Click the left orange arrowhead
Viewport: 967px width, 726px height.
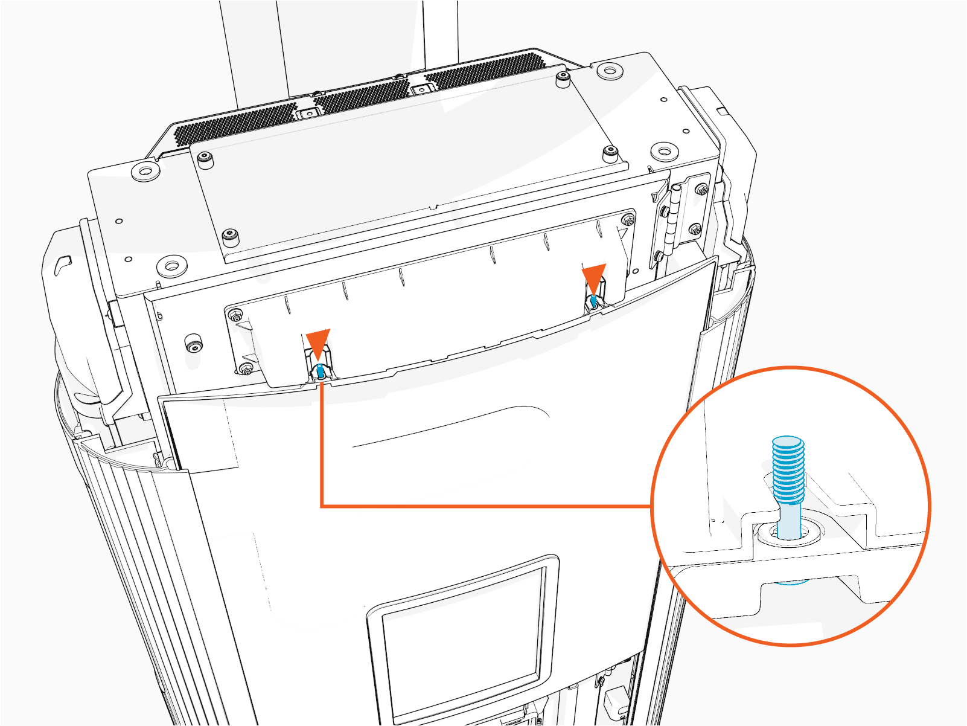pyautogui.click(x=318, y=343)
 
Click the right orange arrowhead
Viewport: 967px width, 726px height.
pyautogui.click(x=593, y=277)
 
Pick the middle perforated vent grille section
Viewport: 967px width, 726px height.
pyautogui.click(x=362, y=97)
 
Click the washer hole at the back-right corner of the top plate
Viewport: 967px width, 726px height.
pyautogui.click(x=610, y=71)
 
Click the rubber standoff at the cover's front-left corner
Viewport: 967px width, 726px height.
pyautogui.click(x=229, y=235)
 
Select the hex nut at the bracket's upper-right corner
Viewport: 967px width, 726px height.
pyautogui.click(x=629, y=220)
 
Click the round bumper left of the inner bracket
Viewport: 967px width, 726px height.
pyautogui.click(x=193, y=342)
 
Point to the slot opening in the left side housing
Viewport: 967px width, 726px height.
pyautogui.click(x=62, y=263)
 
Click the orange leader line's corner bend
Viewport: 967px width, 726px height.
pyautogui.click(x=322, y=505)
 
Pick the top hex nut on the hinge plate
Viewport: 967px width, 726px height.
pyautogui.click(x=701, y=189)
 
